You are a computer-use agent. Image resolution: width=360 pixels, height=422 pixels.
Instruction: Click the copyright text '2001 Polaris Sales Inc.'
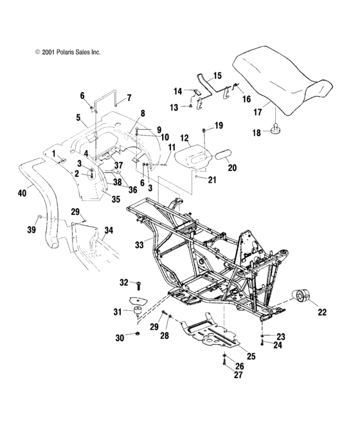click(x=63, y=51)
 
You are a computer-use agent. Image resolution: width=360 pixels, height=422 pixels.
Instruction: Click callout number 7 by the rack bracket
click(x=129, y=98)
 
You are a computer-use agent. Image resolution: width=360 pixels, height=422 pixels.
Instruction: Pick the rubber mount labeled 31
click(x=137, y=314)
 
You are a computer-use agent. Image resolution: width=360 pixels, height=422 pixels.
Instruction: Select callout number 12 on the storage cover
click(x=184, y=137)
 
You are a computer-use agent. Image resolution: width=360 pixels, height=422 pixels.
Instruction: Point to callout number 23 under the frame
click(x=280, y=337)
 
